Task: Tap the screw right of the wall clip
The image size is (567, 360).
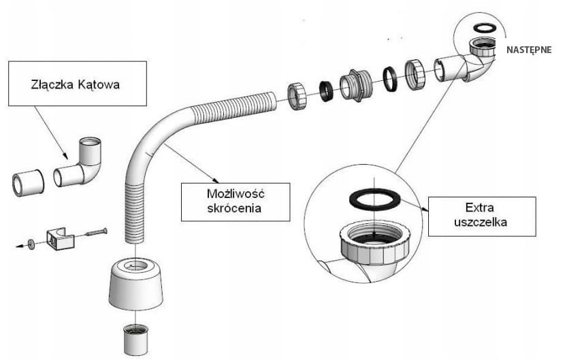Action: point(96,233)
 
